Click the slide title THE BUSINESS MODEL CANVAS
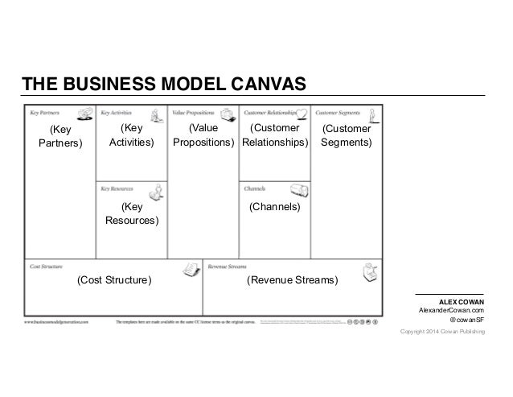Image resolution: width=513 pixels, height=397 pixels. (x=163, y=84)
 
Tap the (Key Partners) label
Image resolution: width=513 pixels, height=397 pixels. (x=60, y=136)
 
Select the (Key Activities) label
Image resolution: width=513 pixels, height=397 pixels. (x=132, y=134)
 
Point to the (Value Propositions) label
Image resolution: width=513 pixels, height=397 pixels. (x=203, y=134)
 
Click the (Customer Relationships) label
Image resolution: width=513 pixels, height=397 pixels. (x=275, y=134)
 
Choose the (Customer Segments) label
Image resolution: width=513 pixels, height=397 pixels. (x=346, y=135)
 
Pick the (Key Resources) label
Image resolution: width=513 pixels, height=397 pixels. (x=132, y=213)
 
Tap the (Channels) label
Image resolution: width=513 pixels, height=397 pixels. (x=274, y=207)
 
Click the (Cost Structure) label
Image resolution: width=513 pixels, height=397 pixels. (x=113, y=280)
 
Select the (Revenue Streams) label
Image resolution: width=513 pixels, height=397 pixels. (x=293, y=280)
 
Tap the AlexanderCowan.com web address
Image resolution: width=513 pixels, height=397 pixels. (x=451, y=310)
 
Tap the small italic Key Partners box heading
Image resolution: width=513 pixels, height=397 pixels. (x=44, y=113)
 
